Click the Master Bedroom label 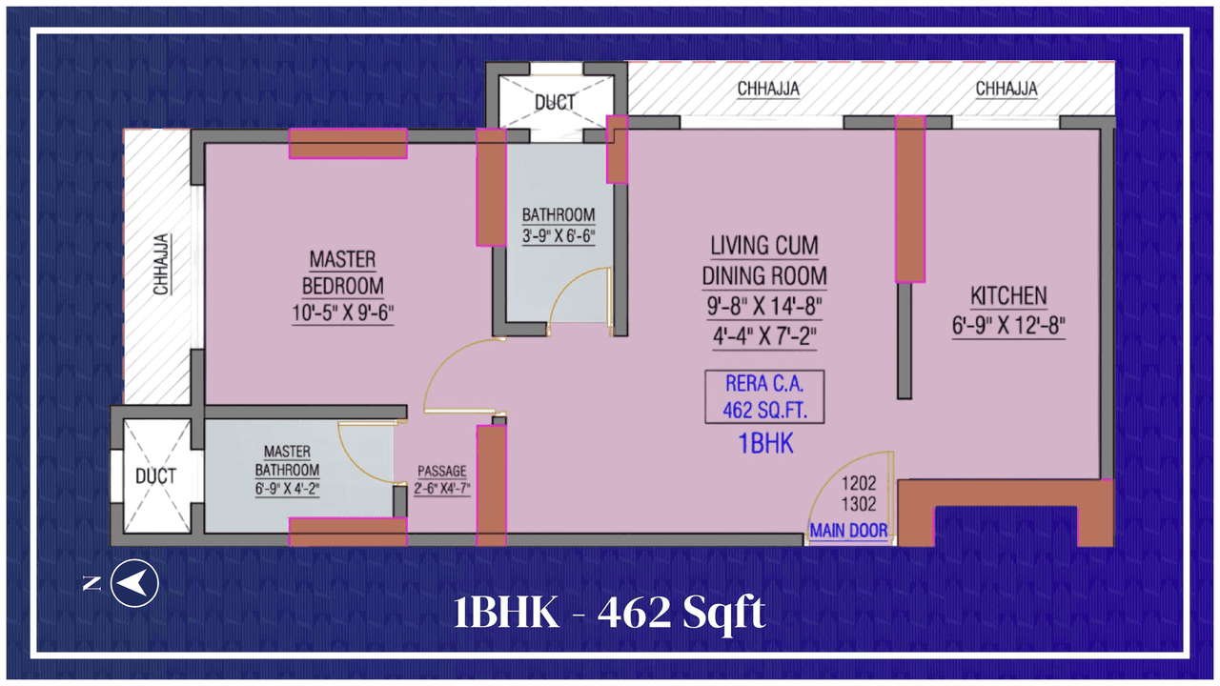(x=343, y=272)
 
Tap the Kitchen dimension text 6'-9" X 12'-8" (x=1007, y=325)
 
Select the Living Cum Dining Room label (x=763, y=261)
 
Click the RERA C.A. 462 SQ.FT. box (x=764, y=397)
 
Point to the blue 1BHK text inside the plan (x=765, y=443)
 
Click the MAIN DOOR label (x=848, y=531)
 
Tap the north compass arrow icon (x=133, y=581)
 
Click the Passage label (x=442, y=471)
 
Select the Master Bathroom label (x=287, y=461)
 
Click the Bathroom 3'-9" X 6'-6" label (x=559, y=226)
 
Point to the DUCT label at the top (x=555, y=102)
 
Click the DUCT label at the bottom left (x=155, y=476)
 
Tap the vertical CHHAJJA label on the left (x=163, y=264)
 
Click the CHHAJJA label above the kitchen (x=1006, y=89)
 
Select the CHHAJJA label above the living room (x=768, y=89)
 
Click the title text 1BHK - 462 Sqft (x=609, y=613)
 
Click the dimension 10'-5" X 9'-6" (x=343, y=313)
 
